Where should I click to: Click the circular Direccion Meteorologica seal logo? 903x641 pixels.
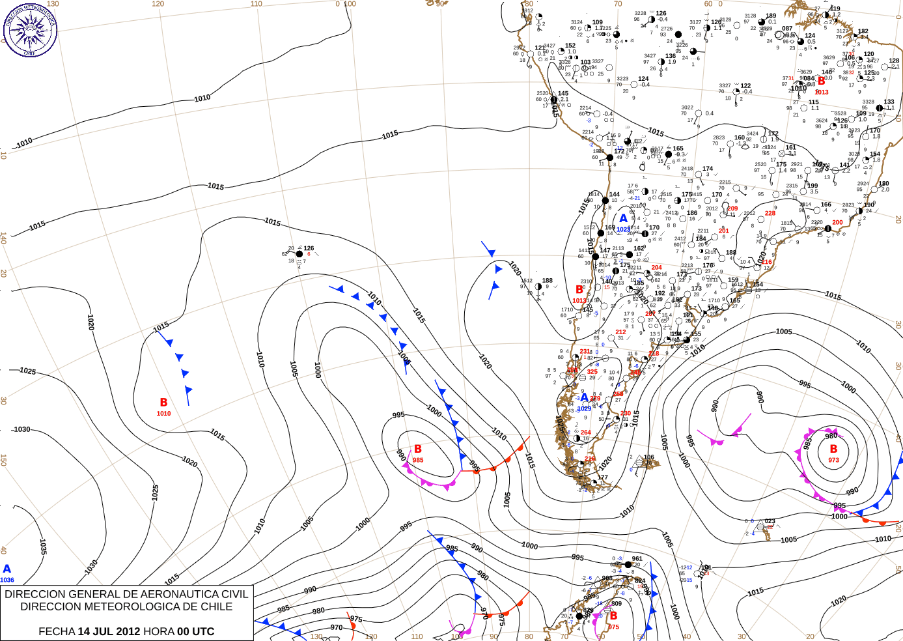[30, 30]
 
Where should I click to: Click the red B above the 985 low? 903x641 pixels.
[418, 449]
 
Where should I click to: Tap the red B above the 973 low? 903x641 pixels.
[833, 449]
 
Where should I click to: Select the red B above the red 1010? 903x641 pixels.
[163, 403]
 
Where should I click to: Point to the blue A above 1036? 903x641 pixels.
[7, 569]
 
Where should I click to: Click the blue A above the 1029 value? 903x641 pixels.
[584, 398]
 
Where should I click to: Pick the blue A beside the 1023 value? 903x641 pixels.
[624, 219]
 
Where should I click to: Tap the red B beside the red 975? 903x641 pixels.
[613, 616]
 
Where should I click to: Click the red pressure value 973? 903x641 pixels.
[833, 460]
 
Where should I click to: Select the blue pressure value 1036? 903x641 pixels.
[7, 580]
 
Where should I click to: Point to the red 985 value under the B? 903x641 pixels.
[418, 460]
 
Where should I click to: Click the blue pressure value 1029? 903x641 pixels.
[584, 408]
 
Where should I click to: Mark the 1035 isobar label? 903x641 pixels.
[42, 547]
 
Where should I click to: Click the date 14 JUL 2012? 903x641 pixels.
[109, 631]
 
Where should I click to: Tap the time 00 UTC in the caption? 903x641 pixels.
[196, 631]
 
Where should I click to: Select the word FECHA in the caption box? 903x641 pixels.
[57, 631]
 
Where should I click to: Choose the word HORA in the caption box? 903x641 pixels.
[160, 631]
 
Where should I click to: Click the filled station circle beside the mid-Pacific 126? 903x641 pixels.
[299, 254]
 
